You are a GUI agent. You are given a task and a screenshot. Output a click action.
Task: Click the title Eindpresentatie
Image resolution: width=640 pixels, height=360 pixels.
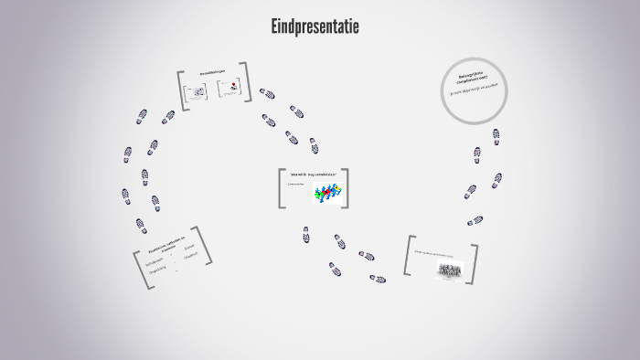315,27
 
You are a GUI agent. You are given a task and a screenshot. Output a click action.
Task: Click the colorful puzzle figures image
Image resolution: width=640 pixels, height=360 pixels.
328,193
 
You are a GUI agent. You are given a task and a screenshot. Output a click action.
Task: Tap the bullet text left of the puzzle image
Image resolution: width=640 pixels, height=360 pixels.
295,184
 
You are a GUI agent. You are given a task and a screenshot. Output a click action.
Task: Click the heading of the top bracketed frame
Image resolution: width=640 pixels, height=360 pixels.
213,75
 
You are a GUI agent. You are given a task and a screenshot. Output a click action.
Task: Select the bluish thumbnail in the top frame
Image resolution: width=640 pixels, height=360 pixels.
196,93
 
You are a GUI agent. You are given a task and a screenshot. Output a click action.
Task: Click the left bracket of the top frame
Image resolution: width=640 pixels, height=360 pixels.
181,90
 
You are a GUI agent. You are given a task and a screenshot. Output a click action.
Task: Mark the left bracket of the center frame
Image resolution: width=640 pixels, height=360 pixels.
281,188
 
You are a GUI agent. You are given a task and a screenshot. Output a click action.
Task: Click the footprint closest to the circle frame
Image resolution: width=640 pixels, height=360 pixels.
496,136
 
